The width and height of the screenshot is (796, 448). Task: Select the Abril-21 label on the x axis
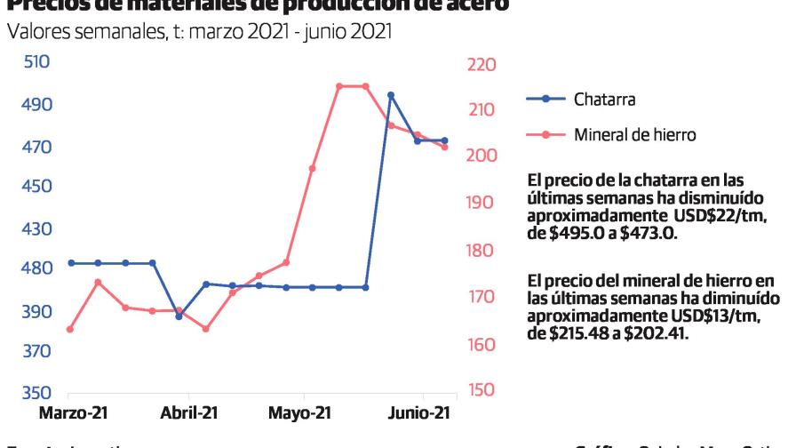[x=189, y=413]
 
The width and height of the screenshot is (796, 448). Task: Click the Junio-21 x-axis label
[x=419, y=413]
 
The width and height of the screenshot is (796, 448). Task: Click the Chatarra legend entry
[x=604, y=100]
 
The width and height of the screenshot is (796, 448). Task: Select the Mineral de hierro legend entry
[x=634, y=135]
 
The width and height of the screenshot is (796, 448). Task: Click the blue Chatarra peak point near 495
[x=391, y=95]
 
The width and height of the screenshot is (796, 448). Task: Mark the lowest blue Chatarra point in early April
[x=179, y=316]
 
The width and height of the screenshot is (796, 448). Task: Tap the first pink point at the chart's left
[x=70, y=330]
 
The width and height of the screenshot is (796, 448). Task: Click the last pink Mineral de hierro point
[x=445, y=147]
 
